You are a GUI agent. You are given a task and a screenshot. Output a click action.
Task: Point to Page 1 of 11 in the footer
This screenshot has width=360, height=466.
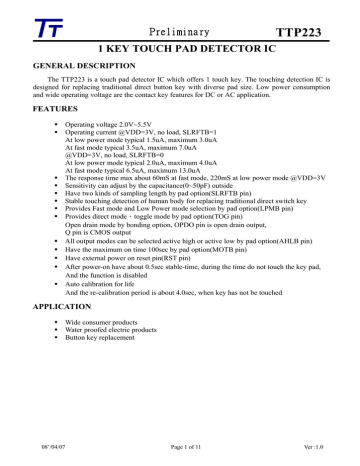pos(180,457)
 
